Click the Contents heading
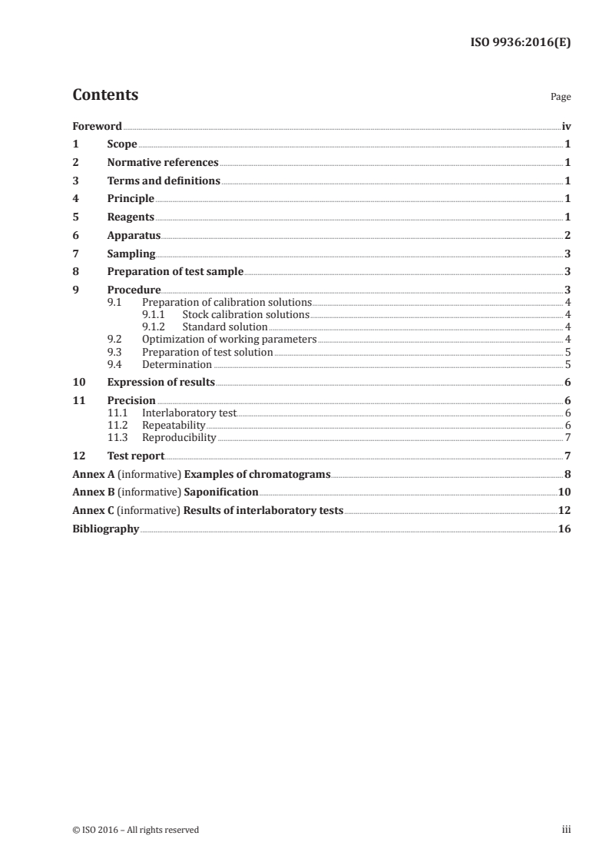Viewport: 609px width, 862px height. (105, 95)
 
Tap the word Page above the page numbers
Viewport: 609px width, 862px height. (560, 98)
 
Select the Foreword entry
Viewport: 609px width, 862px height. (97, 126)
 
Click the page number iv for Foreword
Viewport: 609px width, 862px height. (566, 126)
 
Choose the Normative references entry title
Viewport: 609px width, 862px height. (163, 163)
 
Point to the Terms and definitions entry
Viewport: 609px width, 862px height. (164, 181)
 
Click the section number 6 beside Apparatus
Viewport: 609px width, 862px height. (75, 236)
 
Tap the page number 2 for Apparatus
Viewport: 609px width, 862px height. (567, 236)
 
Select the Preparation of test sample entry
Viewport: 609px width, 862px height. (175, 272)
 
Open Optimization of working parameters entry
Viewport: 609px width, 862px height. (229, 340)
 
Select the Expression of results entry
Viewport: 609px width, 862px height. (161, 383)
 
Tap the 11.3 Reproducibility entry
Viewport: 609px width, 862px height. (179, 438)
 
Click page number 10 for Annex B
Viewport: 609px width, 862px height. (564, 492)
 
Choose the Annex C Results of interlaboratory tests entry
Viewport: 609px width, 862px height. (207, 511)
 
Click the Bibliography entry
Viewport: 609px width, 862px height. (105, 529)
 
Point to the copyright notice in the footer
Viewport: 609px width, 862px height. (135, 830)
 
